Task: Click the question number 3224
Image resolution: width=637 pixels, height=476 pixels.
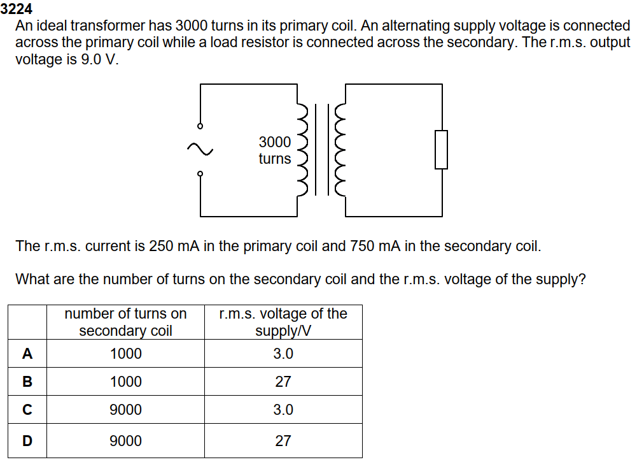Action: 17,9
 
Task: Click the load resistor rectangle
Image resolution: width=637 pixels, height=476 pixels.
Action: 441,150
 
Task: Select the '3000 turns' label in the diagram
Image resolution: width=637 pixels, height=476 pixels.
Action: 275,150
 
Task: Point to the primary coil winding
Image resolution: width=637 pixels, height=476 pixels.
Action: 304,149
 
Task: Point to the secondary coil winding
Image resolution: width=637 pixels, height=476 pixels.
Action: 339,149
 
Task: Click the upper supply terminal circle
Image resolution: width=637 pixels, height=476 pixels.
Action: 200,126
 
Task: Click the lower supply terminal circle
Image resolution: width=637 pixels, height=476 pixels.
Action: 200,173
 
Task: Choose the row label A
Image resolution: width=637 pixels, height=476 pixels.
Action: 27,354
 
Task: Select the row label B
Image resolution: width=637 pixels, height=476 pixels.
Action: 27,382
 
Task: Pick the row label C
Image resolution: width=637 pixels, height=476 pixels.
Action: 27,410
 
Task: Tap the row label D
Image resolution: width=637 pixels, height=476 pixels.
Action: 27,440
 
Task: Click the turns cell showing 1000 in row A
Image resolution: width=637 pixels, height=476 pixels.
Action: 126,354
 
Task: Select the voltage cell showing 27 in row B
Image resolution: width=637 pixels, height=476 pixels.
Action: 283,382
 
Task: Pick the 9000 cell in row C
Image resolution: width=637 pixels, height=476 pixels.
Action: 126,410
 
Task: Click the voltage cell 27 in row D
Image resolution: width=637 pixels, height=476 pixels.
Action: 283,440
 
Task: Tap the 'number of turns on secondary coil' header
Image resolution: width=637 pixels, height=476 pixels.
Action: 126,322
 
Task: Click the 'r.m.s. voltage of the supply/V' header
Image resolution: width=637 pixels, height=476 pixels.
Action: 283,322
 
